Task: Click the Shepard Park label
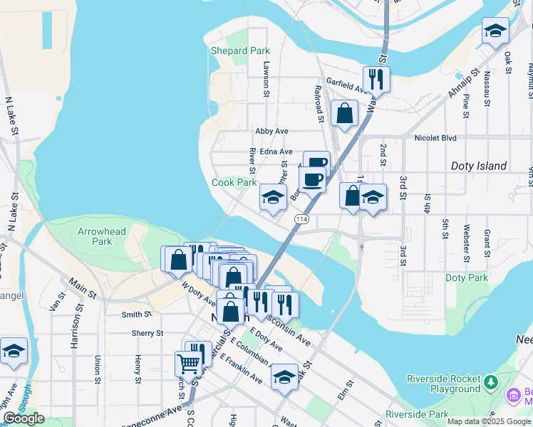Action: (x=240, y=51)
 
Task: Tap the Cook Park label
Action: (x=234, y=182)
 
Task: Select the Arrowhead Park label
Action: (x=95, y=236)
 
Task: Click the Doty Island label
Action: (x=479, y=166)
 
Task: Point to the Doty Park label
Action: (x=467, y=278)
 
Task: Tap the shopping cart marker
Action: (x=188, y=364)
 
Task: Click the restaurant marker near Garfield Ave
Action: (x=376, y=79)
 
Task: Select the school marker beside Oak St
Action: (x=495, y=31)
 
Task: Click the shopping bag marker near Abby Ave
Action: (x=344, y=113)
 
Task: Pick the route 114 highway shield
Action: (x=303, y=221)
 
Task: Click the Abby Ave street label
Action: (x=271, y=131)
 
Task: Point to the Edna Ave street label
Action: (x=276, y=152)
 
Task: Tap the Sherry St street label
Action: (x=148, y=333)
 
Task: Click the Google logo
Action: (x=24, y=418)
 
